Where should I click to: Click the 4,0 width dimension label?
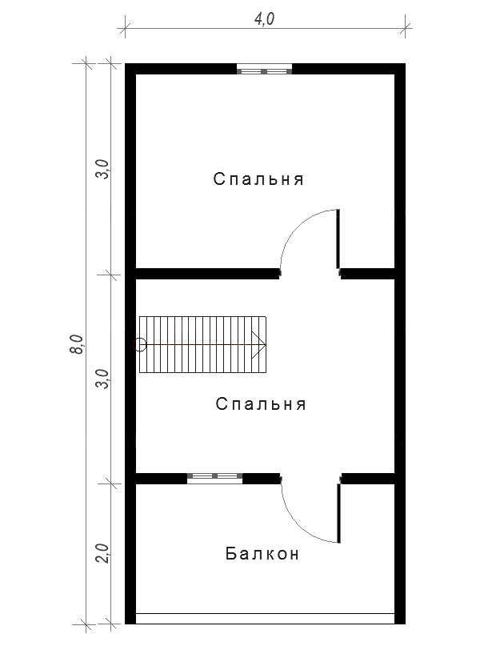pyautogui.click(x=265, y=19)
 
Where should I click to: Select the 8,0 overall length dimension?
pyautogui.click(x=77, y=344)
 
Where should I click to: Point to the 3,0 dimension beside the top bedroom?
pyautogui.click(x=102, y=169)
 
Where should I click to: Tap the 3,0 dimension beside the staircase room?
pyautogui.click(x=102, y=379)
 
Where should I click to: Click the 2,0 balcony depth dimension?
pyautogui.click(x=102, y=553)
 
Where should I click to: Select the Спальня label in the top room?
pyautogui.click(x=258, y=179)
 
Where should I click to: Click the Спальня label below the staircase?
pyautogui.click(x=261, y=404)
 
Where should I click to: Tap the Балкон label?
pyautogui.click(x=262, y=553)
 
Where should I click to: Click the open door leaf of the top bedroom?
pyautogui.click(x=338, y=239)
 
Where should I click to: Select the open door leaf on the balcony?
pyautogui.click(x=338, y=513)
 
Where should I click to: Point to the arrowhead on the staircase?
pyautogui.click(x=259, y=345)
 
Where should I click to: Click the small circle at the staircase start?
pyautogui.click(x=139, y=345)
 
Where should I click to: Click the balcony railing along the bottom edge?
pyautogui.click(x=266, y=619)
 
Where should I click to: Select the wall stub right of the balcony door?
pyautogui.click(x=369, y=479)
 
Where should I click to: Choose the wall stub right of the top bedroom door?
pyautogui.click(x=368, y=274)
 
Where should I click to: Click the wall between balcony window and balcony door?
pyautogui.click(x=261, y=479)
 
